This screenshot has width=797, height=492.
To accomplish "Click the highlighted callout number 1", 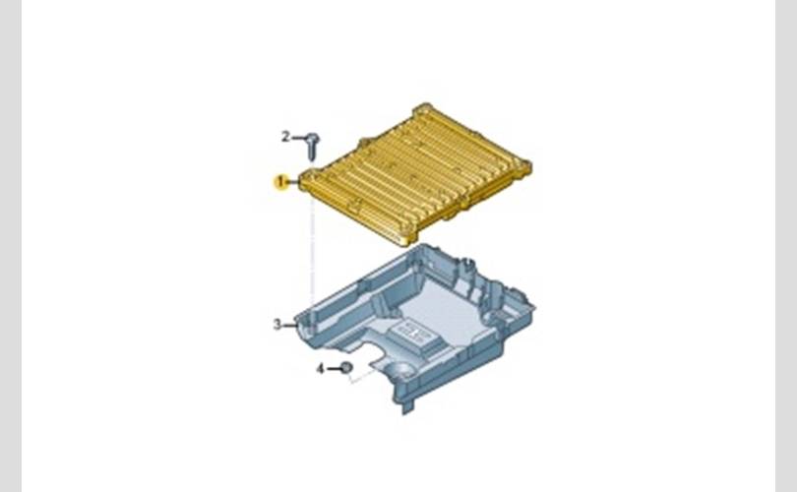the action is (x=281, y=182).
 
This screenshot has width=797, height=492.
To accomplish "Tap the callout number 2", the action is (x=285, y=137).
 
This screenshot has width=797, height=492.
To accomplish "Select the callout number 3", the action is (x=277, y=325).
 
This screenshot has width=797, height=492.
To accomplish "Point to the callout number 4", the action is (x=320, y=368).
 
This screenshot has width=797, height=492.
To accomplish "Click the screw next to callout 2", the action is (x=313, y=146).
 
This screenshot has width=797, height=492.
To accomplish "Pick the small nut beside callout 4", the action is (x=346, y=367).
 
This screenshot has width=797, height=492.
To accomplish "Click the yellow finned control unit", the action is (x=415, y=173).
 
